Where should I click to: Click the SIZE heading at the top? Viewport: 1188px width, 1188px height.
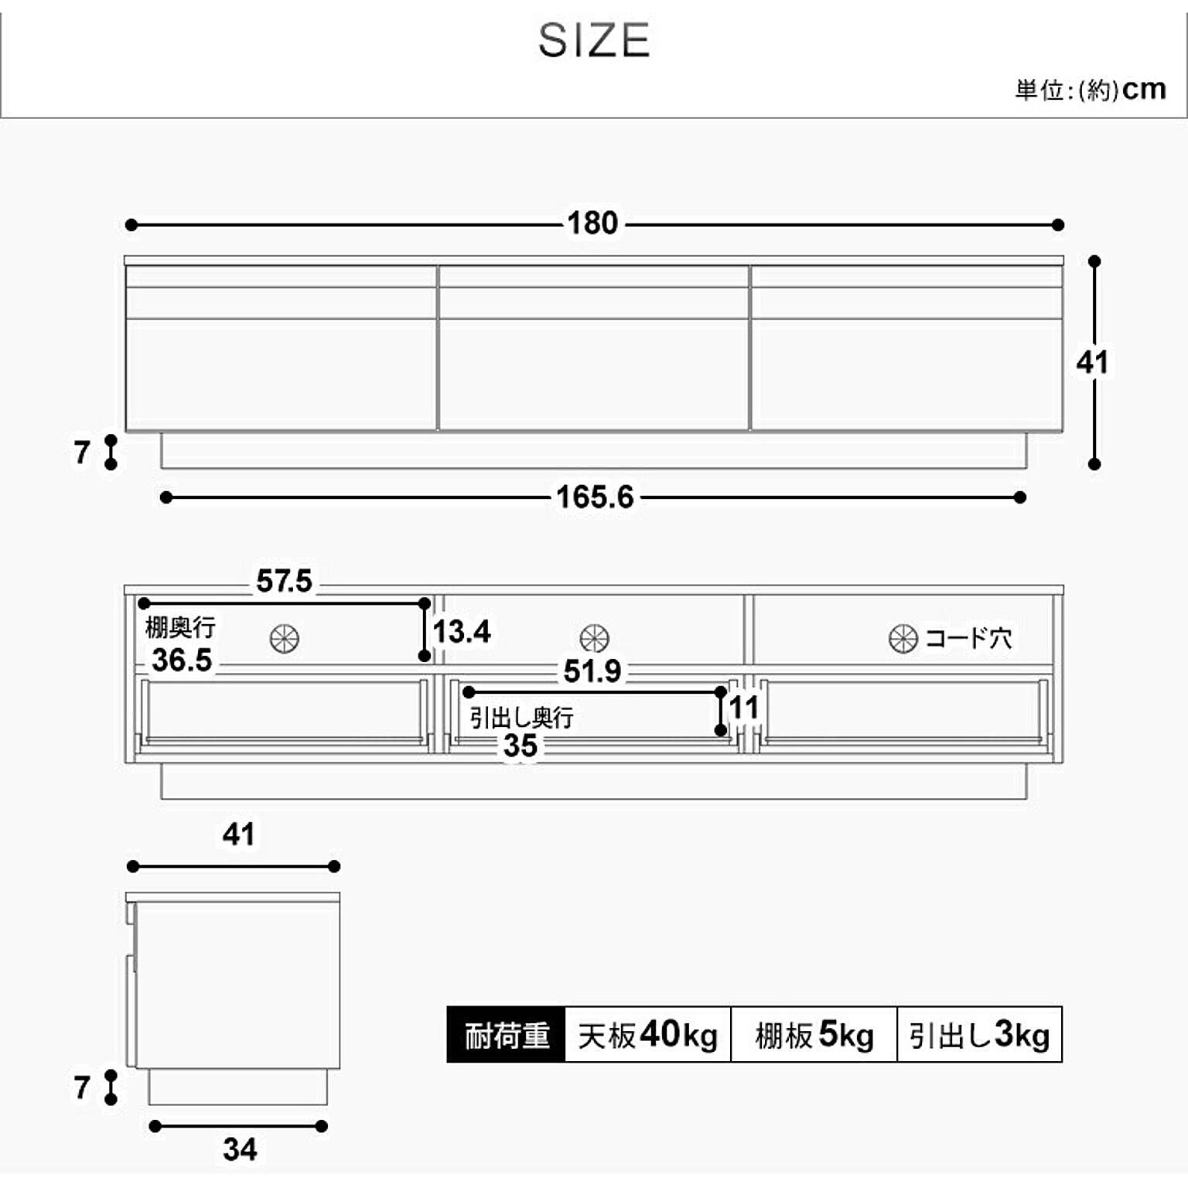594,40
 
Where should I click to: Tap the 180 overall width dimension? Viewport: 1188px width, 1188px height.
592,224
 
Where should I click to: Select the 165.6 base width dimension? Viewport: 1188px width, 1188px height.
595,497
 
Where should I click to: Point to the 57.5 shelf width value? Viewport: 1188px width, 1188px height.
284,581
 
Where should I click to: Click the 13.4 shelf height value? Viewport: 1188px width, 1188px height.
462,631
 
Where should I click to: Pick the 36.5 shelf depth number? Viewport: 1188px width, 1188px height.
182,660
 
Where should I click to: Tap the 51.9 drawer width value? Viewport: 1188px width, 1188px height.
592,671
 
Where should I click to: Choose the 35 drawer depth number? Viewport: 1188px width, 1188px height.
520,746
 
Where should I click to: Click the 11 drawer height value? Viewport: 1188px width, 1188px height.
744,708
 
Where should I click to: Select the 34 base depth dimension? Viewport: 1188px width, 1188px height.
240,1149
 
